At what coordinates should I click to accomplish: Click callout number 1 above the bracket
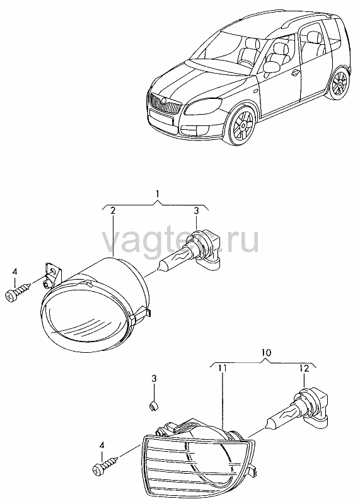(x=158, y=194)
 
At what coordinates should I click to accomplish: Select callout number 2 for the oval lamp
(x=113, y=211)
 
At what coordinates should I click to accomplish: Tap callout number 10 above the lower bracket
(x=266, y=353)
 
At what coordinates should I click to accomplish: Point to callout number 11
(x=223, y=368)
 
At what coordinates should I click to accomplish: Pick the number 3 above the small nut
(x=154, y=379)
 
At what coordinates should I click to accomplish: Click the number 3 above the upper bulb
(x=196, y=211)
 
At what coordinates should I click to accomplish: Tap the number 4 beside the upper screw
(x=15, y=272)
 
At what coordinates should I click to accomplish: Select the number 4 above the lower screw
(x=102, y=445)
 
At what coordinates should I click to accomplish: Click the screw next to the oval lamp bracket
(x=18, y=291)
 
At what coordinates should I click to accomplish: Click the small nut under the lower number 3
(x=153, y=405)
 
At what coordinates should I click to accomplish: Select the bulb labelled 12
(x=298, y=408)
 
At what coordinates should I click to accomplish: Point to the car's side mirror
(x=270, y=68)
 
